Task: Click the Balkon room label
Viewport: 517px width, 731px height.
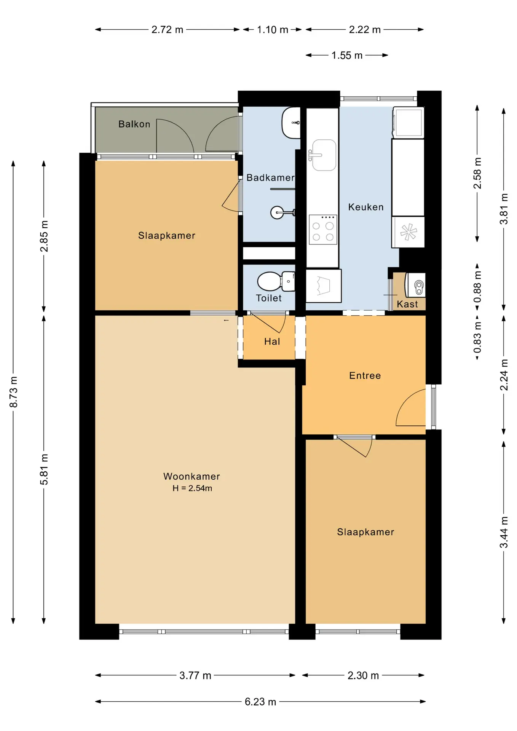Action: click(x=134, y=124)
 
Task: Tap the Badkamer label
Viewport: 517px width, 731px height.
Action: click(x=270, y=177)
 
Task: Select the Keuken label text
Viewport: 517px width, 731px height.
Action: click(x=366, y=207)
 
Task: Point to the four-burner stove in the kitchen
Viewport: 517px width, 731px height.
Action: click(x=323, y=230)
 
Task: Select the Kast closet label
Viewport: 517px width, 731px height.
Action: click(x=407, y=304)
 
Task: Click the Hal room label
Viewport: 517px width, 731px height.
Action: click(x=272, y=342)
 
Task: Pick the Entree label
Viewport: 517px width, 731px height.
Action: click(x=365, y=376)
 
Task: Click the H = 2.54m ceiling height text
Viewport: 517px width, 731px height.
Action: click(x=192, y=488)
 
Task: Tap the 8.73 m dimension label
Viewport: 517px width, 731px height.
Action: click(x=13, y=392)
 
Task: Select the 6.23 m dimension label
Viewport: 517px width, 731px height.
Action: click(x=260, y=702)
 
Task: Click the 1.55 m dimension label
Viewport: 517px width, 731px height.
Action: click(x=347, y=55)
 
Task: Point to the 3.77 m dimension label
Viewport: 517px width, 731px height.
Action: click(x=195, y=675)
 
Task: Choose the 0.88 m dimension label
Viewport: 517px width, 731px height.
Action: click(x=477, y=287)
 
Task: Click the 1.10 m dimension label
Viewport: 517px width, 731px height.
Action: click(x=273, y=30)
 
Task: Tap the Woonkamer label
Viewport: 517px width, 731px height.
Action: click(x=191, y=476)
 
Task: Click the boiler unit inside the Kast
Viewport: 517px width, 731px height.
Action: click(x=415, y=285)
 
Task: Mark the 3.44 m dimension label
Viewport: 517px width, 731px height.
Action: click(x=504, y=532)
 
